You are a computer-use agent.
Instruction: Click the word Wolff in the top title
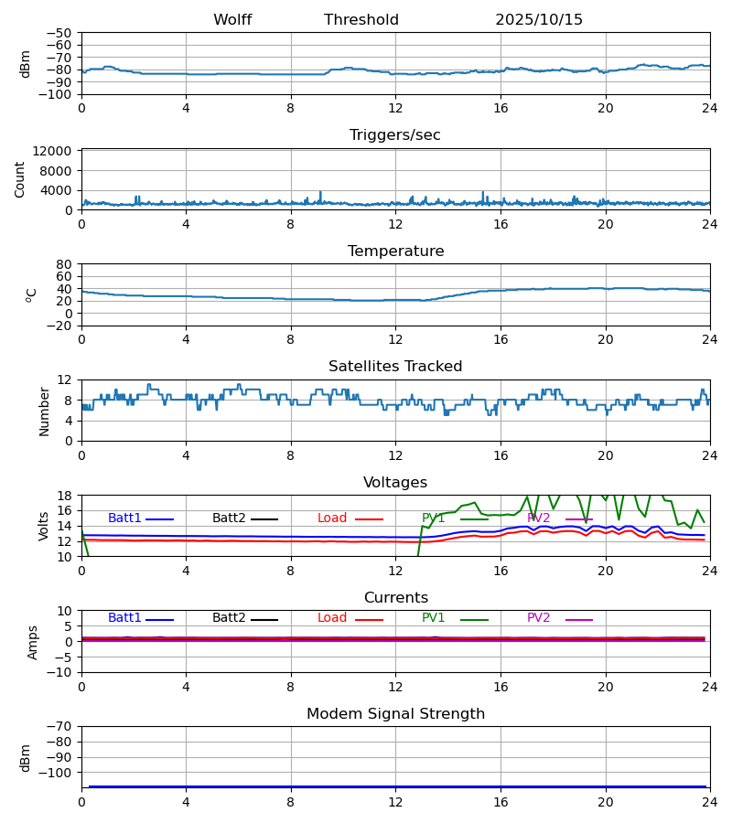(x=232, y=20)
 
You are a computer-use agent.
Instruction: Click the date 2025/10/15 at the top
(x=539, y=20)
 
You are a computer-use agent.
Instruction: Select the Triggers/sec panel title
(x=395, y=135)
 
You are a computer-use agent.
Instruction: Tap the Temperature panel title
(x=395, y=251)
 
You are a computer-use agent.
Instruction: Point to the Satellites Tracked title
(x=395, y=367)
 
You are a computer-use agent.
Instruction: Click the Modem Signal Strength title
(x=395, y=714)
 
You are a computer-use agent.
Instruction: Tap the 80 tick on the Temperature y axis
(x=64, y=264)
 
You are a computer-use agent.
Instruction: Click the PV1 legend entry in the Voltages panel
(x=434, y=518)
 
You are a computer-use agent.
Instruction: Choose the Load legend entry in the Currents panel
(x=332, y=618)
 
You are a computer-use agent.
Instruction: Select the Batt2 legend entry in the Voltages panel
(x=229, y=518)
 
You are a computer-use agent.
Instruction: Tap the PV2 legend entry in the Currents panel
(x=539, y=618)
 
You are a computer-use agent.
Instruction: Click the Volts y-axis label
(x=43, y=526)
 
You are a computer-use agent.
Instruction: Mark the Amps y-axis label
(x=34, y=642)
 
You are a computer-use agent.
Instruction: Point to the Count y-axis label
(x=20, y=179)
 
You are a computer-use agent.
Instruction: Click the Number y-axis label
(x=44, y=411)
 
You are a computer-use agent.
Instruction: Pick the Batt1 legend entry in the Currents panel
(x=124, y=618)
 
